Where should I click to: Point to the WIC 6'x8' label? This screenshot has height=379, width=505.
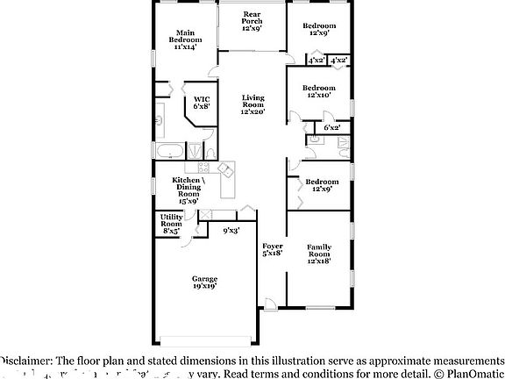(201, 102)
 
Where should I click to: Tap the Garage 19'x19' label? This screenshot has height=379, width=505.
(204, 282)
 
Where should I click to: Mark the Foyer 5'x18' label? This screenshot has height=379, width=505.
(272, 249)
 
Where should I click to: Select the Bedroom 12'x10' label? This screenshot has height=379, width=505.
(318, 91)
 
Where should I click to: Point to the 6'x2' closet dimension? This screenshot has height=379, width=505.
(331, 128)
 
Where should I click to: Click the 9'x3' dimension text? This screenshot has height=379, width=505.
(231, 231)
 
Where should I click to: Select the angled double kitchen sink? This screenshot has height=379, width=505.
(225, 167)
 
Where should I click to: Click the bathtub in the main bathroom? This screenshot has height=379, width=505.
(169, 151)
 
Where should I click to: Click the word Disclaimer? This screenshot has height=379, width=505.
(26, 360)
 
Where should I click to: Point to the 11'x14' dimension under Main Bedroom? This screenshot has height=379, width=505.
(185, 46)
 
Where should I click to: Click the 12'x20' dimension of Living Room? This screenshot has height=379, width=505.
(252, 111)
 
